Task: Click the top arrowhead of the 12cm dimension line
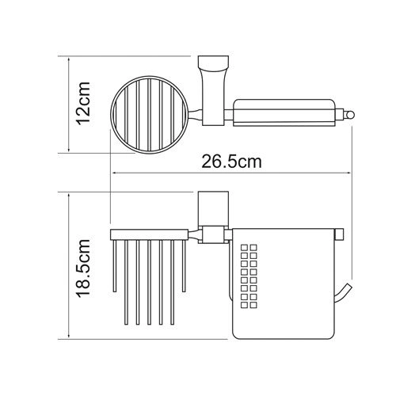coord(70,59)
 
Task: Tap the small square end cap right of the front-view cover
coord(341,232)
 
